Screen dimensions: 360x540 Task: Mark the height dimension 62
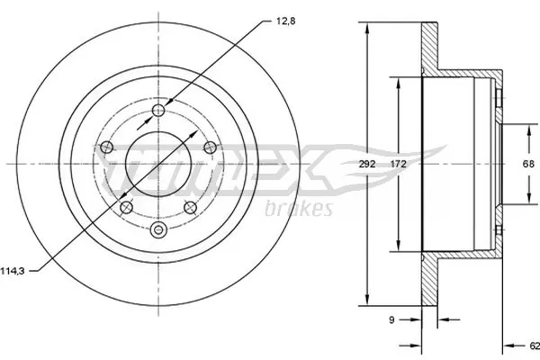pos(532,345)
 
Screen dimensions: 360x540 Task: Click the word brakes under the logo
pos(299,209)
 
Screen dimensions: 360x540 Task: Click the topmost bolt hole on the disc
pos(159,110)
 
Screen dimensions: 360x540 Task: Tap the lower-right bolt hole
pos(191,208)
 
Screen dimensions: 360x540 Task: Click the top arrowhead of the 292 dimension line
pos(367,28)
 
